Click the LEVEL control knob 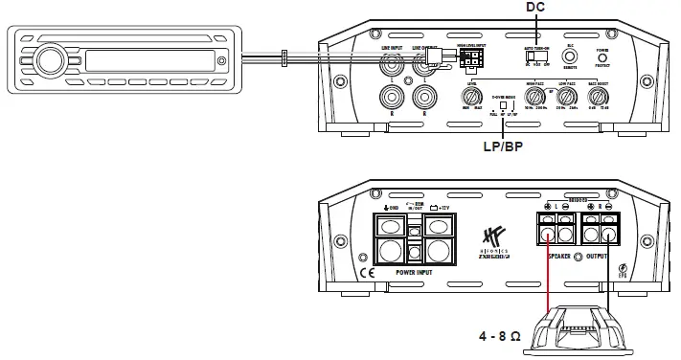click(x=471, y=97)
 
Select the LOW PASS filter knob click(x=567, y=97)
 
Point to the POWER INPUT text click(x=414, y=271)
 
